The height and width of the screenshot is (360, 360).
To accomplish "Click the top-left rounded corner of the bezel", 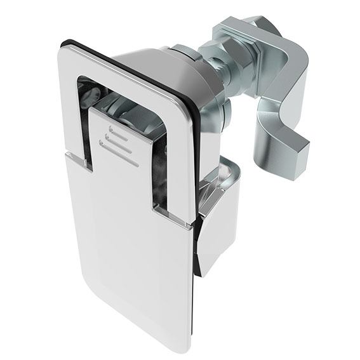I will (x=67, y=48).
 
